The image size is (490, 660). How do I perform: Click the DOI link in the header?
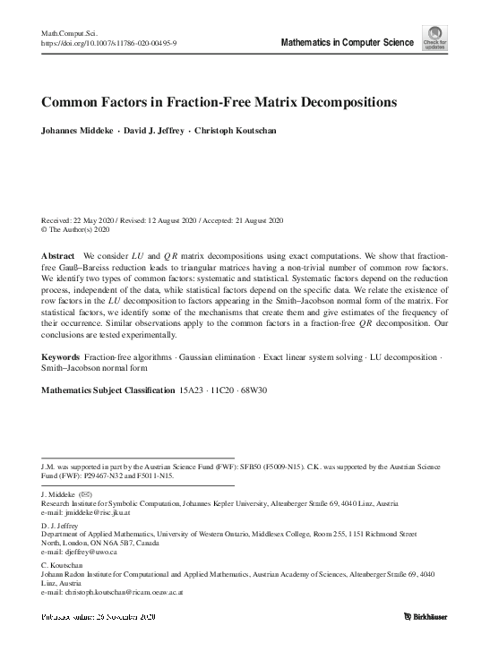coord(109,41)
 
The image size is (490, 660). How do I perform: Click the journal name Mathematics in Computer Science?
coord(348,42)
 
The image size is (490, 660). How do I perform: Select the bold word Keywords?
coord(63,382)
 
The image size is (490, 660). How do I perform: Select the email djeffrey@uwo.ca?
coord(80,553)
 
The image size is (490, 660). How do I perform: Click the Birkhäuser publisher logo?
coord(425,617)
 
